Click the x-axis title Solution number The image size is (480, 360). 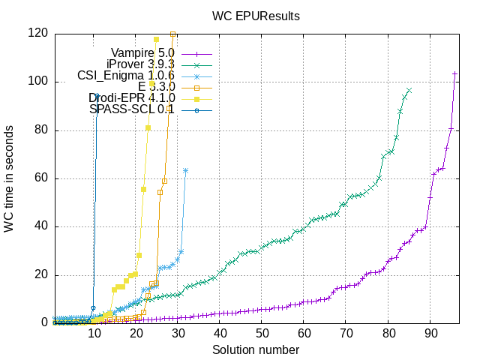click(256, 350)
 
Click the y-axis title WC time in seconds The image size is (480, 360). click(9, 178)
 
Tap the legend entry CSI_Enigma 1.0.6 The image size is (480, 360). click(126, 76)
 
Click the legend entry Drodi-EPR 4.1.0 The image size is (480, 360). click(132, 98)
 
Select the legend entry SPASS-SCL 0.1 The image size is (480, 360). click(132, 109)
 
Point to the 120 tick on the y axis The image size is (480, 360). click(37, 33)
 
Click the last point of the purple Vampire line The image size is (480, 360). click(455, 73)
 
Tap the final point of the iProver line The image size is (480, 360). click(409, 90)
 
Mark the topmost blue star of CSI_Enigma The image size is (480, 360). click(186, 170)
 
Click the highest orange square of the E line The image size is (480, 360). click(173, 34)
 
